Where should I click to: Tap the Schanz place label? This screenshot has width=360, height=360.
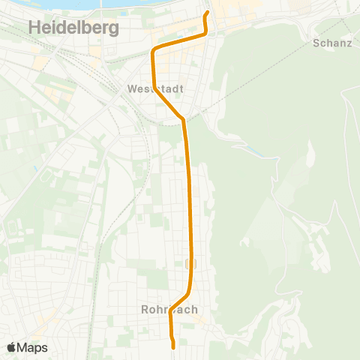(x=331, y=43)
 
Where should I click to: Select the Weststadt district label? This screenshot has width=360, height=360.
(x=151, y=88)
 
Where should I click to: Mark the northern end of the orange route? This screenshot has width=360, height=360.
(x=207, y=12)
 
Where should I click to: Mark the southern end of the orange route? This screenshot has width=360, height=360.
(x=174, y=347)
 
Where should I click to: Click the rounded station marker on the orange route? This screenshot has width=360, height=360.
(x=190, y=262)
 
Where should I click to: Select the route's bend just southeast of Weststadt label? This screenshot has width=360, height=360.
(x=183, y=118)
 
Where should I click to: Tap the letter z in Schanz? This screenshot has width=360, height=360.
(x=349, y=43)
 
